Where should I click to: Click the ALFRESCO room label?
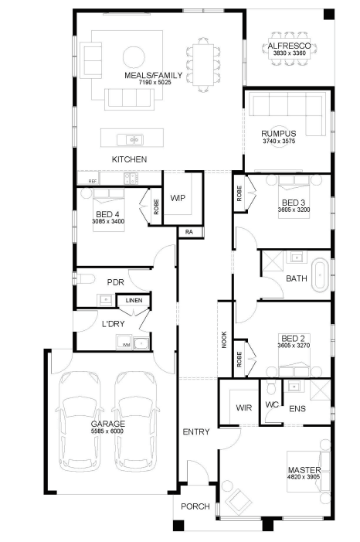(289, 46)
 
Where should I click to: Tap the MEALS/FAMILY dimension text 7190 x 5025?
(155, 82)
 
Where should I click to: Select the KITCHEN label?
(129, 159)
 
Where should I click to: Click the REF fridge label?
(92, 181)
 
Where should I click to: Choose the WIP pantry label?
(178, 198)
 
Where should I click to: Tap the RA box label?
(189, 232)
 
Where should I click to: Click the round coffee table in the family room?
(134, 56)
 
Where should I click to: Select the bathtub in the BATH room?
(320, 275)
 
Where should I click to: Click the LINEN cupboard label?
(134, 301)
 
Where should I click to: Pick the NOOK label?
(224, 339)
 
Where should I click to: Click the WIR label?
(244, 408)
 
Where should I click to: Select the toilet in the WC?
(271, 387)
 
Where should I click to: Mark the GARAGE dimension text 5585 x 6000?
(107, 431)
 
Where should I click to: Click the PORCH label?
(195, 506)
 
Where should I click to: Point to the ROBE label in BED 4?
(156, 206)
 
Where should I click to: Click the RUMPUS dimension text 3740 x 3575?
(279, 141)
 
